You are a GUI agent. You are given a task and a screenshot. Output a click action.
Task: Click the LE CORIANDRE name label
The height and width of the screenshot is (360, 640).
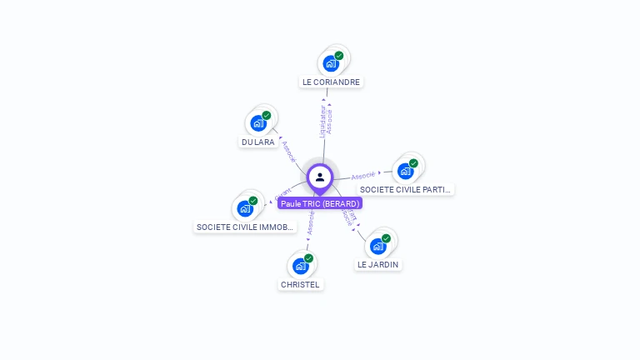(332, 82)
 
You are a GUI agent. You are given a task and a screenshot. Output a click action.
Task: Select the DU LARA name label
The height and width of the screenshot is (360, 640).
(257, 142)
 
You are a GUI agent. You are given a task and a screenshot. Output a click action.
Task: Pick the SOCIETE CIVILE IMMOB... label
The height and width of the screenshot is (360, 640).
(245, 227)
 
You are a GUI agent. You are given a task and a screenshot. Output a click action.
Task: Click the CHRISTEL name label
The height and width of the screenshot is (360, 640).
(300, 284)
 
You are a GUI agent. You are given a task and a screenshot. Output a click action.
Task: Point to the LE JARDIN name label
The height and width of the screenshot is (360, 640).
(377, 265)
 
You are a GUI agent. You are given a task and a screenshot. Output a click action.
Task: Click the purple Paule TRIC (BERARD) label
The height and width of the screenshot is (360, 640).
(320, 203)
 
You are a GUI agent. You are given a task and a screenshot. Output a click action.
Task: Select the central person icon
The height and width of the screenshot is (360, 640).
(320, 177)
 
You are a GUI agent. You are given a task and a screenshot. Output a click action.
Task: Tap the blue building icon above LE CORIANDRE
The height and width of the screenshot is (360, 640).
(331, 63)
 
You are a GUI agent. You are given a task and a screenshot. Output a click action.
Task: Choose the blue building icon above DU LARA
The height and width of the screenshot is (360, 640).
(258, 123)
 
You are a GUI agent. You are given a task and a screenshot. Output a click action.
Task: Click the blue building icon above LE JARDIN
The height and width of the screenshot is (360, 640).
(377, 246)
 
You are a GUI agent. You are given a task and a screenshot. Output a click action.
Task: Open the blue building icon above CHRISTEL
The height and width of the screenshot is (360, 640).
(300, 266)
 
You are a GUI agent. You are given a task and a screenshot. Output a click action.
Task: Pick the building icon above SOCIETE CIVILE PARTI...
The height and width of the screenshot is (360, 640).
(405, 171)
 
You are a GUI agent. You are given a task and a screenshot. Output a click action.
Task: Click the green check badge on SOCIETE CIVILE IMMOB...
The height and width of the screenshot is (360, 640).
(253, 200)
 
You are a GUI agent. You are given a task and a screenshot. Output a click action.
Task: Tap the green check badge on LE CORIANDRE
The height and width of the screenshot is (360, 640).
(339, 56)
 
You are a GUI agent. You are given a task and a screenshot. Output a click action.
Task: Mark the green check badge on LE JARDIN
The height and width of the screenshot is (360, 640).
(386, 238)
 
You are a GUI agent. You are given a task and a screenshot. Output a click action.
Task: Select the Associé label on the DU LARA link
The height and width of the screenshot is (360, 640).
(288, 151)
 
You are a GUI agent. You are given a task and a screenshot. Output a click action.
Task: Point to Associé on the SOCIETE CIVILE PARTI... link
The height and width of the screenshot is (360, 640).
(363, 176)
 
